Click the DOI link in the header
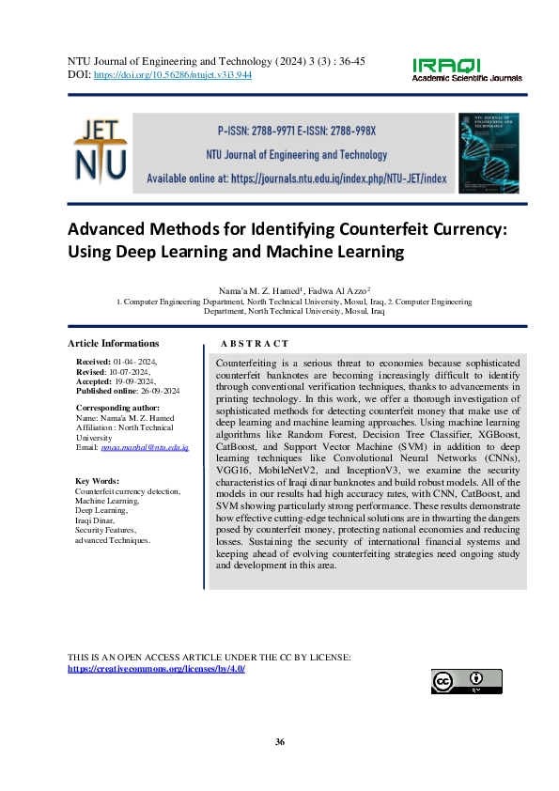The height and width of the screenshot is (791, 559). click(x=172, y=74)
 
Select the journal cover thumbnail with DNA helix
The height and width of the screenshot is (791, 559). click(x=487, y=154)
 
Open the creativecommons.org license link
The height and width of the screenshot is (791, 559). click(x=157, y=668)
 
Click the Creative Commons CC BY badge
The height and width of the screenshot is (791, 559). click(x=466, y=681)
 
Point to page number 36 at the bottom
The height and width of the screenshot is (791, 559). click(x=279, y=742)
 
